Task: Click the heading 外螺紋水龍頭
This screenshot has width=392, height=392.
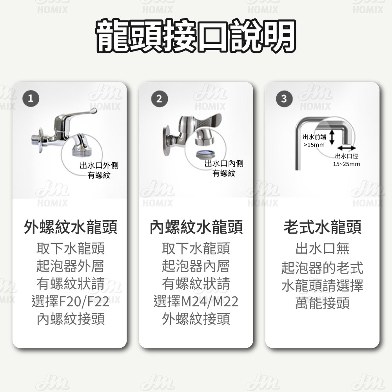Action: point(71,227)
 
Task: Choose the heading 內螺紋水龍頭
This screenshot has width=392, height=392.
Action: point(196,227)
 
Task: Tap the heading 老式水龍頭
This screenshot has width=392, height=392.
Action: point(322,227)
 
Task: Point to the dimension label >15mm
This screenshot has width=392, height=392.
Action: point(314,145)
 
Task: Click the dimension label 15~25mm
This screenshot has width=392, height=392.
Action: point(346,164)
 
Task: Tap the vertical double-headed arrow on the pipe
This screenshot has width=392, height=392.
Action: point(331,137)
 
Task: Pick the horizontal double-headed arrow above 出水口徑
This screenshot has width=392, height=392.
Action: point(346,148)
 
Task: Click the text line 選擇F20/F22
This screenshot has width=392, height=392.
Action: point(71,302)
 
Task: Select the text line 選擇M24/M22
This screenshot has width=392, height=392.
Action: point(196,302)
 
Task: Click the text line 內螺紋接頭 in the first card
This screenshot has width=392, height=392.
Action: point(71,319)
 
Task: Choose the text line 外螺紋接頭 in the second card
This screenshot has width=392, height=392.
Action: point(196,319)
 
